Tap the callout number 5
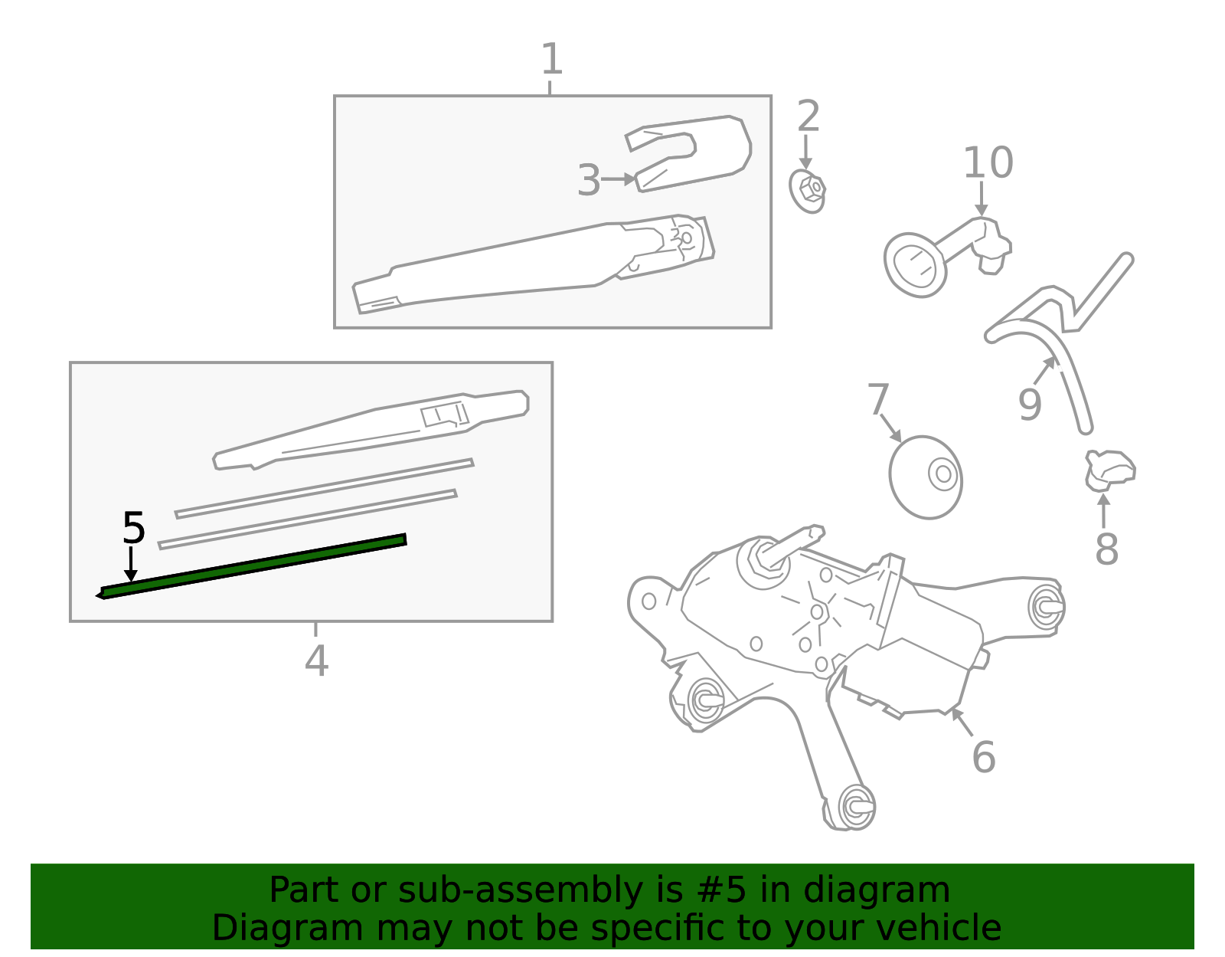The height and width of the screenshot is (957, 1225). point(133,528)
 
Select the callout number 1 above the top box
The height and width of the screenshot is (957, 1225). point(551,59)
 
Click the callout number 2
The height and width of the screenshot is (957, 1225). point(808,116)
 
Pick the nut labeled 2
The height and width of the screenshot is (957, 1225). point(808,190)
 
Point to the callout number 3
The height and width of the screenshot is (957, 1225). point(588,180)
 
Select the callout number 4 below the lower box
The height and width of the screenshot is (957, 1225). point(316,660)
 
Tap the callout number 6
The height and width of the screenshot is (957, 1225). point(983,756)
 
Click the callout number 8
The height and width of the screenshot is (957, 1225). point(1106,549)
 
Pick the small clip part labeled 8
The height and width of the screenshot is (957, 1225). point(1109,469)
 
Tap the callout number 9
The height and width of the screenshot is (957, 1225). point(1030,404)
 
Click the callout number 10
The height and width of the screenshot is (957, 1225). point(988,162)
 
